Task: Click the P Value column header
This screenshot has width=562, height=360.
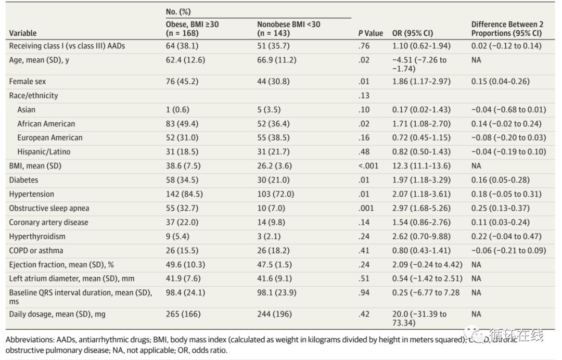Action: point(371,33)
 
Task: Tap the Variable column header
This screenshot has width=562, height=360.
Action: point(23,33)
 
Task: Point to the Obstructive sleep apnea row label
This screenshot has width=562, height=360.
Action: point(49,208)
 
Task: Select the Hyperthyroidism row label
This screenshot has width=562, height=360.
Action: point(37,236)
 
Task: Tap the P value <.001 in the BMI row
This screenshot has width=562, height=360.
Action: point(368,166)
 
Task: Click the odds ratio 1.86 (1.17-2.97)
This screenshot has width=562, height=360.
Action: point(421,82)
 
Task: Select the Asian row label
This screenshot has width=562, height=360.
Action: point(27,110)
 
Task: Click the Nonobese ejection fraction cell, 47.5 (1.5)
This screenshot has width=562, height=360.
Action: point(276,264)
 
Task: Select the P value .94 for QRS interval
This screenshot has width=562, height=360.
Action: point(364,292)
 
